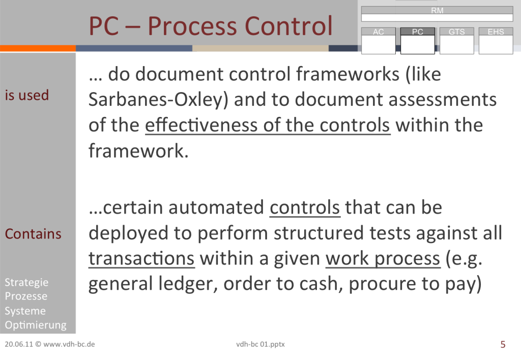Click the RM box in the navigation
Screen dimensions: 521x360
click(437, 14)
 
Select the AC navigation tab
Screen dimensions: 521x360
click(378, 41)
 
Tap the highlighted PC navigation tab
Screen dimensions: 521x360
click(417, 41)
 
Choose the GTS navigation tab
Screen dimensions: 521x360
click(456, 41)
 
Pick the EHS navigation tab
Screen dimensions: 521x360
click(496, 41)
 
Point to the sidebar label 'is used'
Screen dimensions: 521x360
click(27, 95)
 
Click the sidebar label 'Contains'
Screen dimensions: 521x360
click(33, 234)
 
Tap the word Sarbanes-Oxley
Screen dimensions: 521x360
click(158, 100)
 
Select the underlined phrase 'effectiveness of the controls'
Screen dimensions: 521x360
click(268, 126)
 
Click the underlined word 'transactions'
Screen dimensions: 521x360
click(141, 258)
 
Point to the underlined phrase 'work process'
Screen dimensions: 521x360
click(383, 259)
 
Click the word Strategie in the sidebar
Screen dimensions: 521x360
click(26, 283)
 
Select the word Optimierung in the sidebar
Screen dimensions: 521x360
click(36, 325)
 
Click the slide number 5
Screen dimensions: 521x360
click(503, 344)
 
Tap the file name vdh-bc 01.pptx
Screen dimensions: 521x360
click(260, 344)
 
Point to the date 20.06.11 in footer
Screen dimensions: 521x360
click(19, 344)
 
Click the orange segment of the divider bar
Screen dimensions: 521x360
click(38, 48)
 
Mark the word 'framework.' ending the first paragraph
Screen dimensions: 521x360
click(138, 151)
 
